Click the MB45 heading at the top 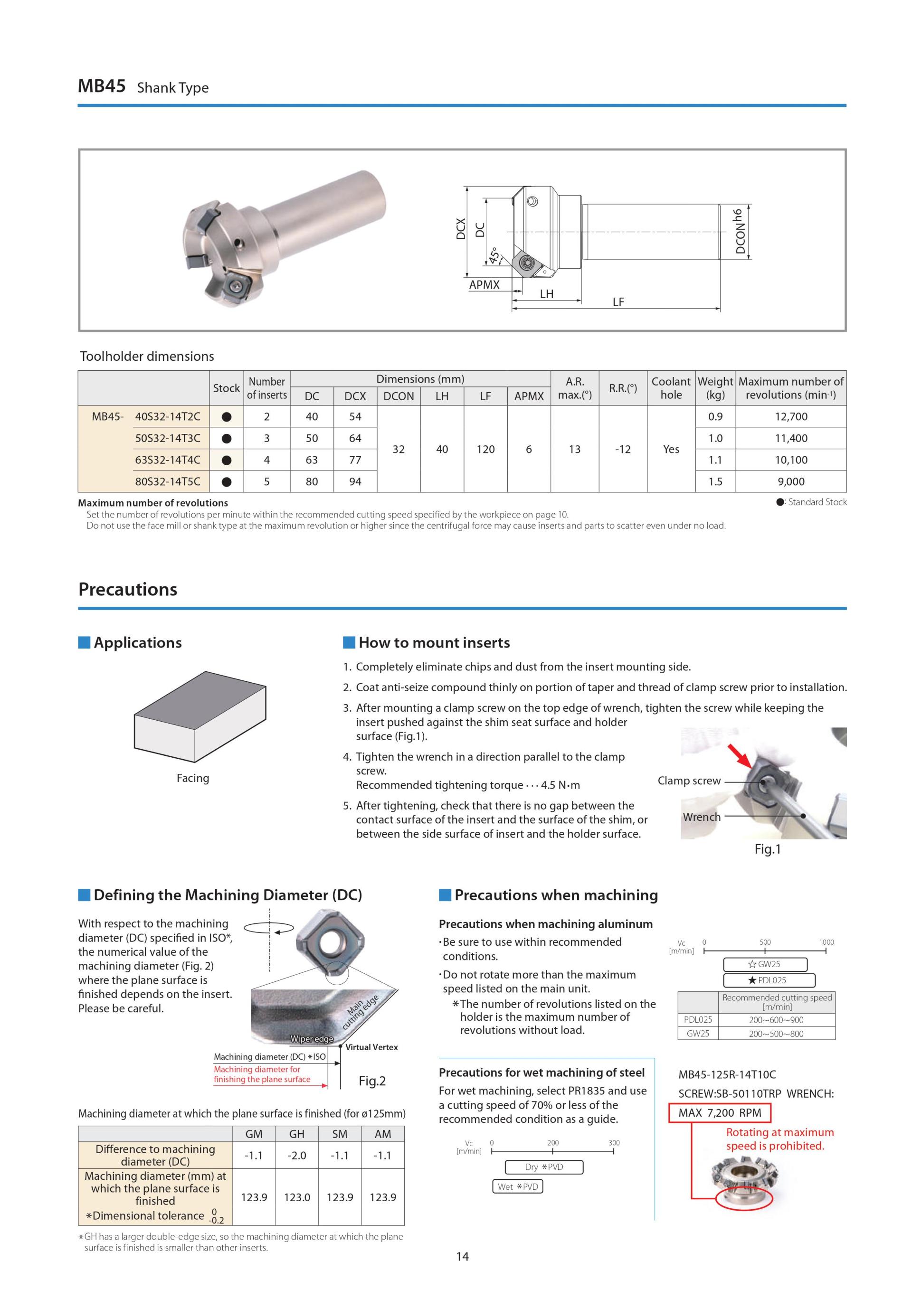[x=102, y=86]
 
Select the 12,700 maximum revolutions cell [x=791, y=416]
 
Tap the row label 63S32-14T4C [x=167, y=460]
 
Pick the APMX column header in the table [x=529, y=396]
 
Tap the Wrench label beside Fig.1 [x=702, y=817]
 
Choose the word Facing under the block [x=193, y=778]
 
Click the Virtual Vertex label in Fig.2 [x=371, y=1047]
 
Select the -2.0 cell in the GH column [x=296, y=1156]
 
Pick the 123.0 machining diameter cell [x=296, y=1197]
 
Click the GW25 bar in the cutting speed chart [x=765, y=964]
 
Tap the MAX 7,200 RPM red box [x=719, y=1112]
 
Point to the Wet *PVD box [x=517, y=1186]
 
